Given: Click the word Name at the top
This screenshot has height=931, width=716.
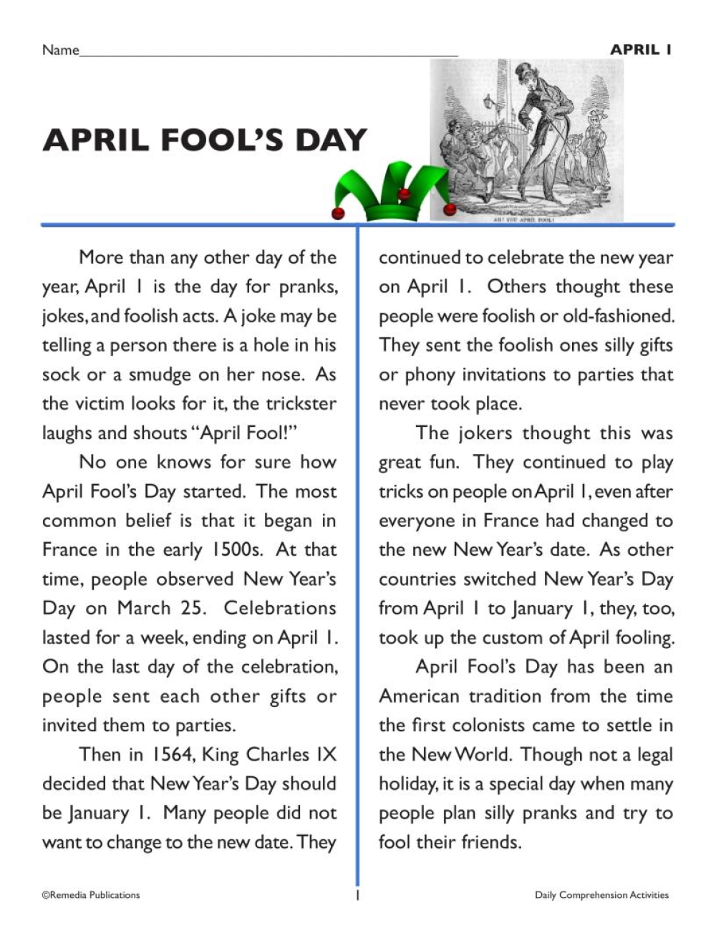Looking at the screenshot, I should (60, 50).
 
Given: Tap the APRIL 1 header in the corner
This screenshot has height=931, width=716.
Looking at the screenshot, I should (640, 49).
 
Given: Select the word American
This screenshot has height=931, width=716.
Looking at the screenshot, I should (420, 696).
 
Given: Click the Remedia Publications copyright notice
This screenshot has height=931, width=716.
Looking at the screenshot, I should (91, 894).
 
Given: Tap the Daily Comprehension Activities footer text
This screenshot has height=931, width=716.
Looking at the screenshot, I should (601, 894).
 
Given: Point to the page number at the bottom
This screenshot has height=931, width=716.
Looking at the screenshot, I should (357, 895).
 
